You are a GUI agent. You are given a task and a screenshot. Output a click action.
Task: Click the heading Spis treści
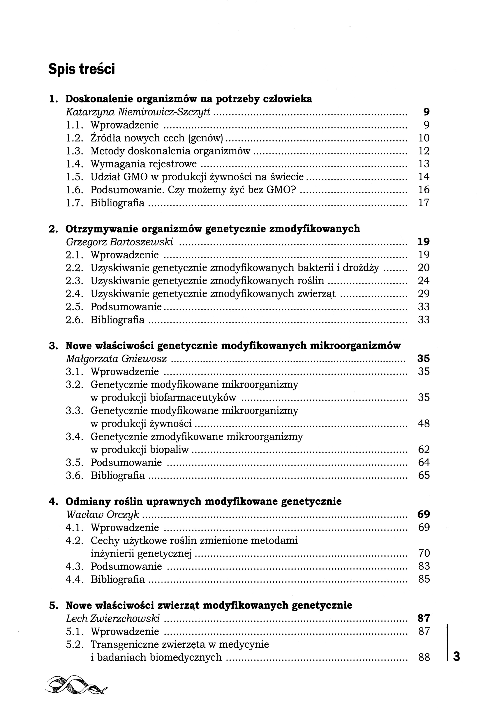coord(81,69)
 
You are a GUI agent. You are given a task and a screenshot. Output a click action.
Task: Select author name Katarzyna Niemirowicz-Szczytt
coord(138,112)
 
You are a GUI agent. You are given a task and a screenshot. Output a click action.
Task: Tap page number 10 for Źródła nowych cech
coord(424,138)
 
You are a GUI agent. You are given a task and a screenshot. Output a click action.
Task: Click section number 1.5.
coord(75,177)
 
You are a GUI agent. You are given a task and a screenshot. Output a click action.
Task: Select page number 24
coord(424,281)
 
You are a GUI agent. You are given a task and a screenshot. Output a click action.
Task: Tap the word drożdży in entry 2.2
coord(360,268)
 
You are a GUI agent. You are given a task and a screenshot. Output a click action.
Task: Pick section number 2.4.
coord(75,294)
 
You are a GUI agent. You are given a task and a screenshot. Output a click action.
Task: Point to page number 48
coord(424,424)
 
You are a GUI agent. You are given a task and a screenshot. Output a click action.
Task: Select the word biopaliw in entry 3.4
coord(169,450)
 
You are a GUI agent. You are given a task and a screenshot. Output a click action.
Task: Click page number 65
coord(424,476)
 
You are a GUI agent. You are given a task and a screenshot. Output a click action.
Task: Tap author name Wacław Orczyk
coord(103,514)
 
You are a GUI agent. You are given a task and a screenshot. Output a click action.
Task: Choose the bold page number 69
coord(424,514)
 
